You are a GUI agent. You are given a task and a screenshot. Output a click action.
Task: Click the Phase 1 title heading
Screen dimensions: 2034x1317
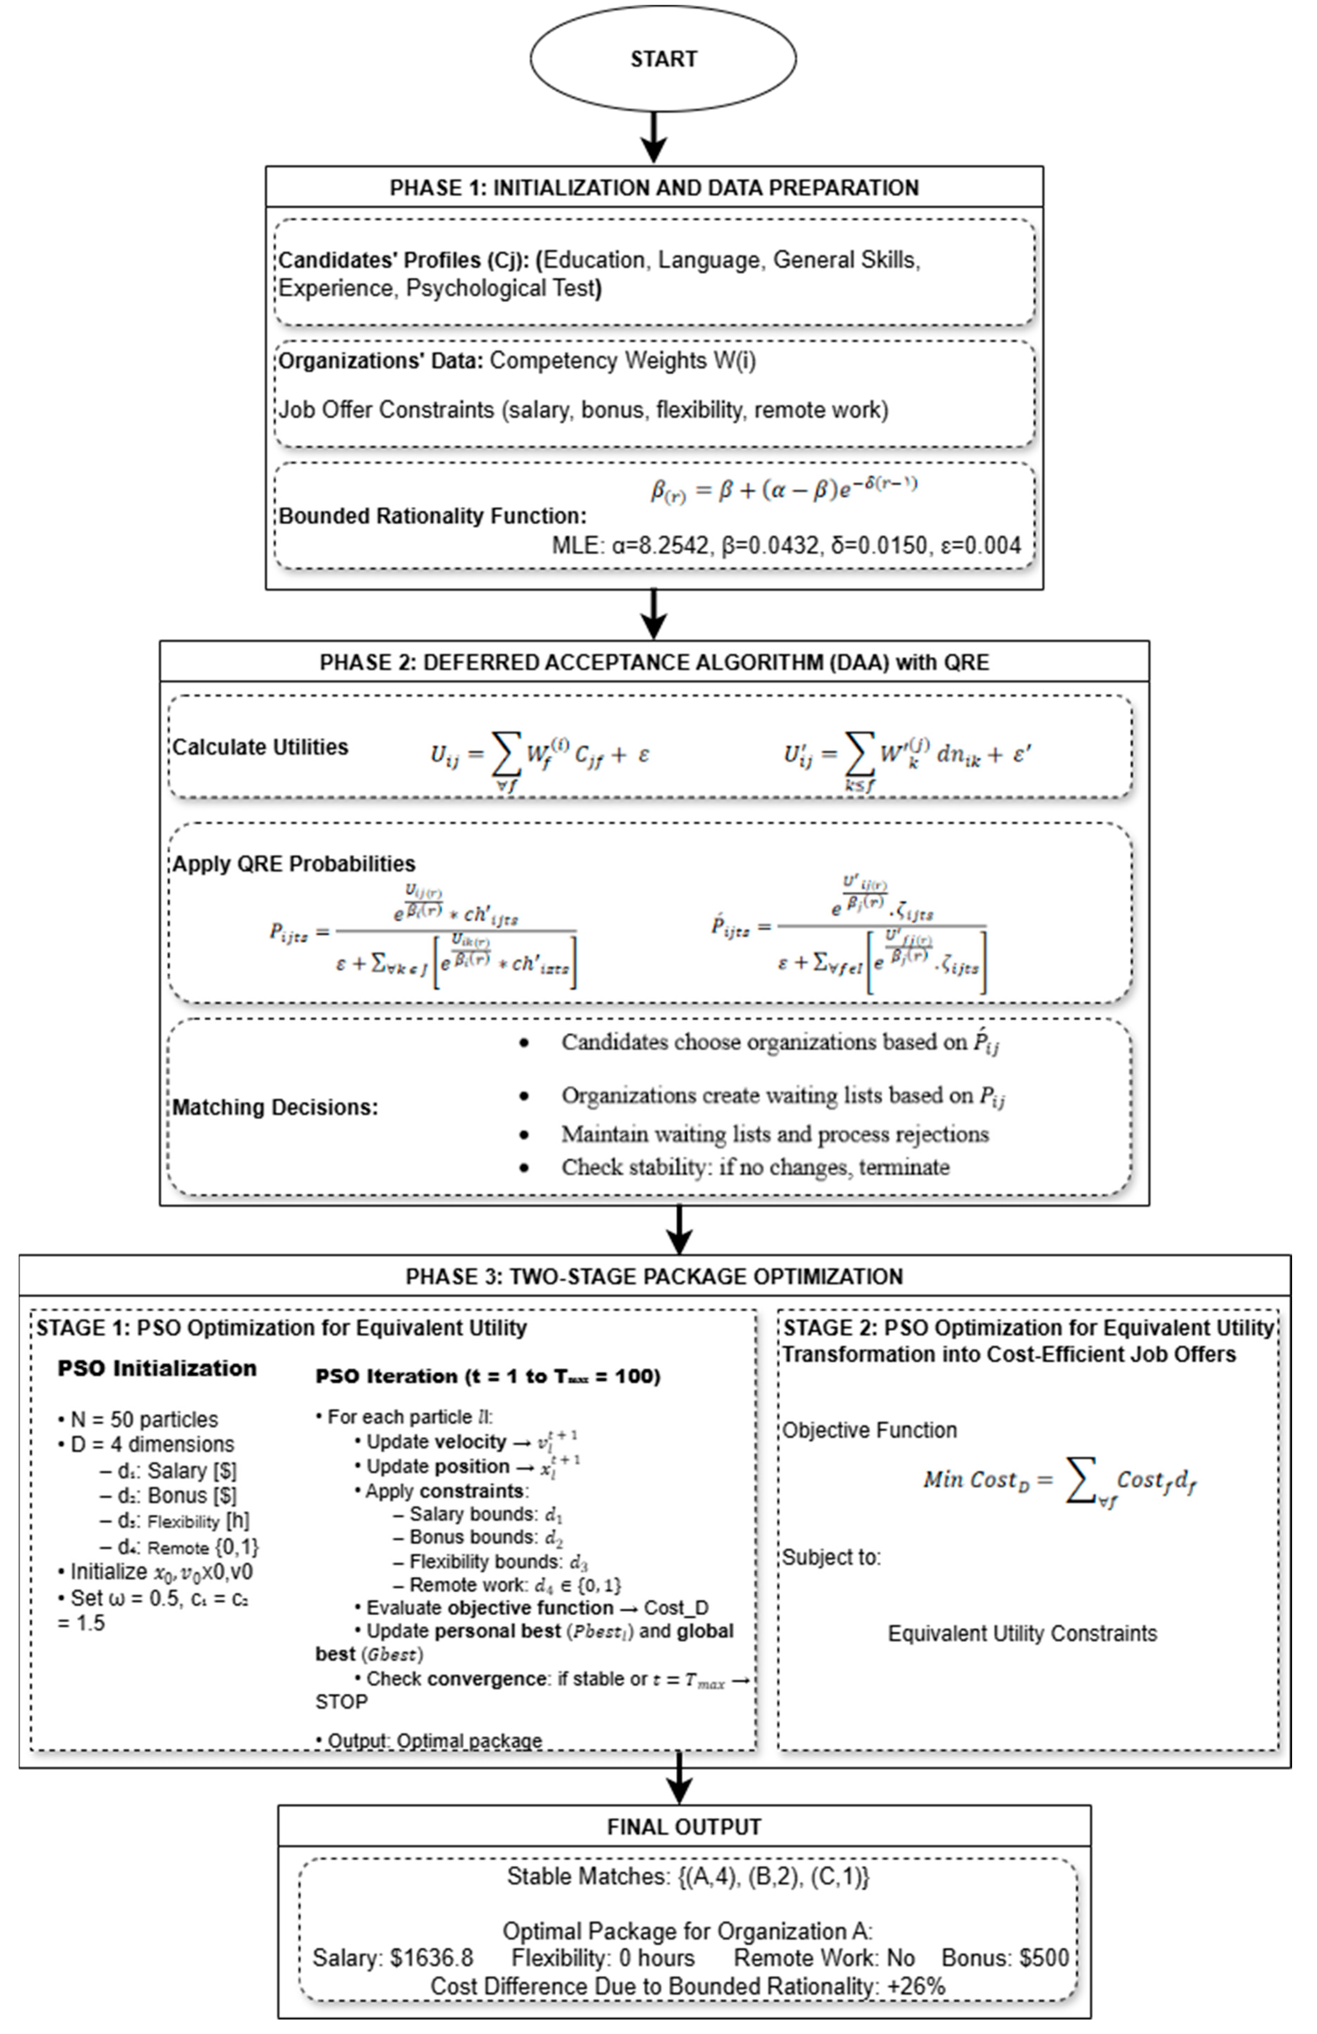pyautogui.click(x=654, y=188)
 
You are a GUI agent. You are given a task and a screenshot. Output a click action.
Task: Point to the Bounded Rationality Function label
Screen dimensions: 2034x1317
pyautogui.click(x=433, y=516)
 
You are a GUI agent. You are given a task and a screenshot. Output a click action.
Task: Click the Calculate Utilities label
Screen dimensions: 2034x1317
pyautogui.click(x=261, y=747)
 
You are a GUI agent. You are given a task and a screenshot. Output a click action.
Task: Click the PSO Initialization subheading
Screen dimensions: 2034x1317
pyautogui.click(x=156, y=1368)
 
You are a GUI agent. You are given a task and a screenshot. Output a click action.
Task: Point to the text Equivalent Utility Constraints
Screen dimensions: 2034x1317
pyautogui.click(x=1022, y=1634)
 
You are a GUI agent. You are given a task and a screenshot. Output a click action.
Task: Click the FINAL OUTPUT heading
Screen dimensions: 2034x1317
pyautogui.click(x=684, y=1827)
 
